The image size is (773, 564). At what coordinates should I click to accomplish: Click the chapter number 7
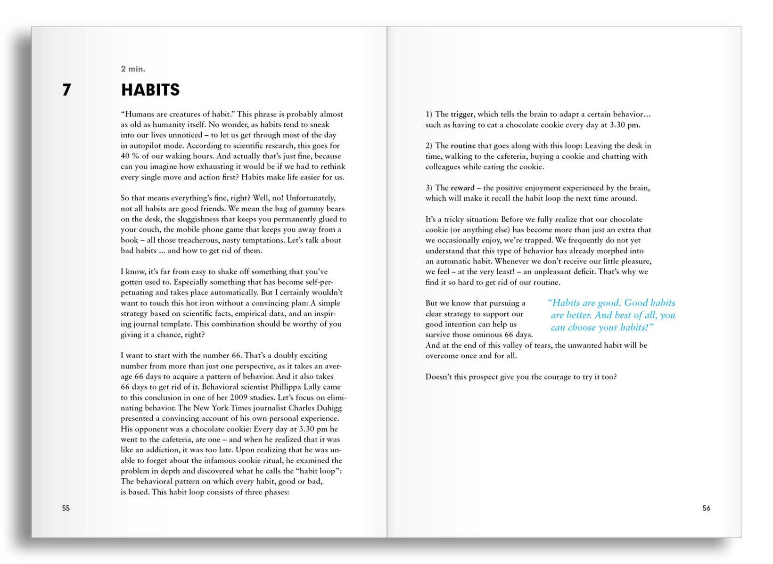pos(67,90)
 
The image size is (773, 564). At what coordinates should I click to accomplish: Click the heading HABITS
pos(150,90)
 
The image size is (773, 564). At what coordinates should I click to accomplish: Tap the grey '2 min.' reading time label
pos(133,69)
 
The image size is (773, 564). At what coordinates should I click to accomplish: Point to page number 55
pos(66,508)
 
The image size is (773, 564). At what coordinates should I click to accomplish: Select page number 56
pos(706,508)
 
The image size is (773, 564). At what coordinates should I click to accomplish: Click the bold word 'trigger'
pos(463,114)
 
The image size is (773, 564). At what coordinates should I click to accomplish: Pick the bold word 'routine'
pos(463,146)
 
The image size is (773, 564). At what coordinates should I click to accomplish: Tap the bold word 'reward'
pos(462,188)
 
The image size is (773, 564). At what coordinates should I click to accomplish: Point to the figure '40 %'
pos(130,156)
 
